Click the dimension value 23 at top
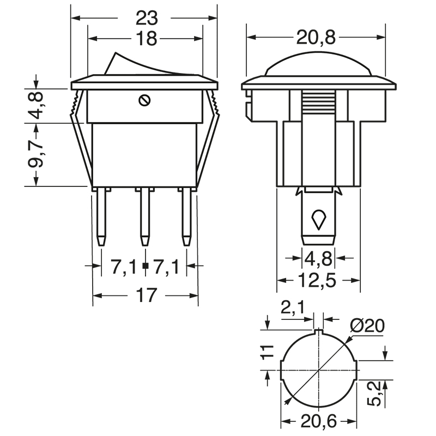146,18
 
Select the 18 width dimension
146,39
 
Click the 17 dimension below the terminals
146,295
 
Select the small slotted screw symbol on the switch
145,100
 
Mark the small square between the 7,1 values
145,267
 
